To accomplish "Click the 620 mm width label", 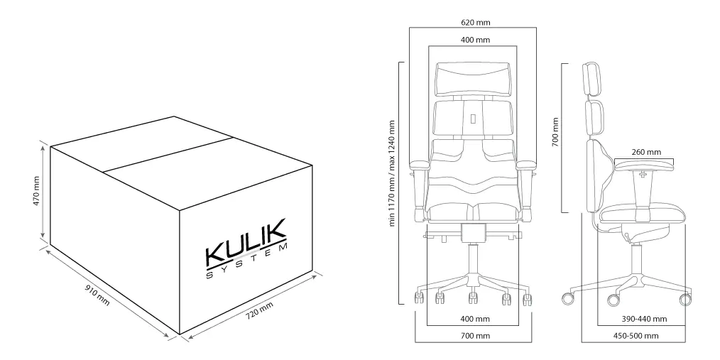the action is (475, 22).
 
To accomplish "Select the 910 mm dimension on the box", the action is (97, 295).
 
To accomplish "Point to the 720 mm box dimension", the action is (259, 311).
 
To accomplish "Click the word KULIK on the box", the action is (246, 242).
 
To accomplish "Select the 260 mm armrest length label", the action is (646, 152).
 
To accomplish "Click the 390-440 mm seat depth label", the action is (644, 319).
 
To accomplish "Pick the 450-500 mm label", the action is (636, 336).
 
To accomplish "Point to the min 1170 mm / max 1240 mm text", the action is (392, 173).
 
